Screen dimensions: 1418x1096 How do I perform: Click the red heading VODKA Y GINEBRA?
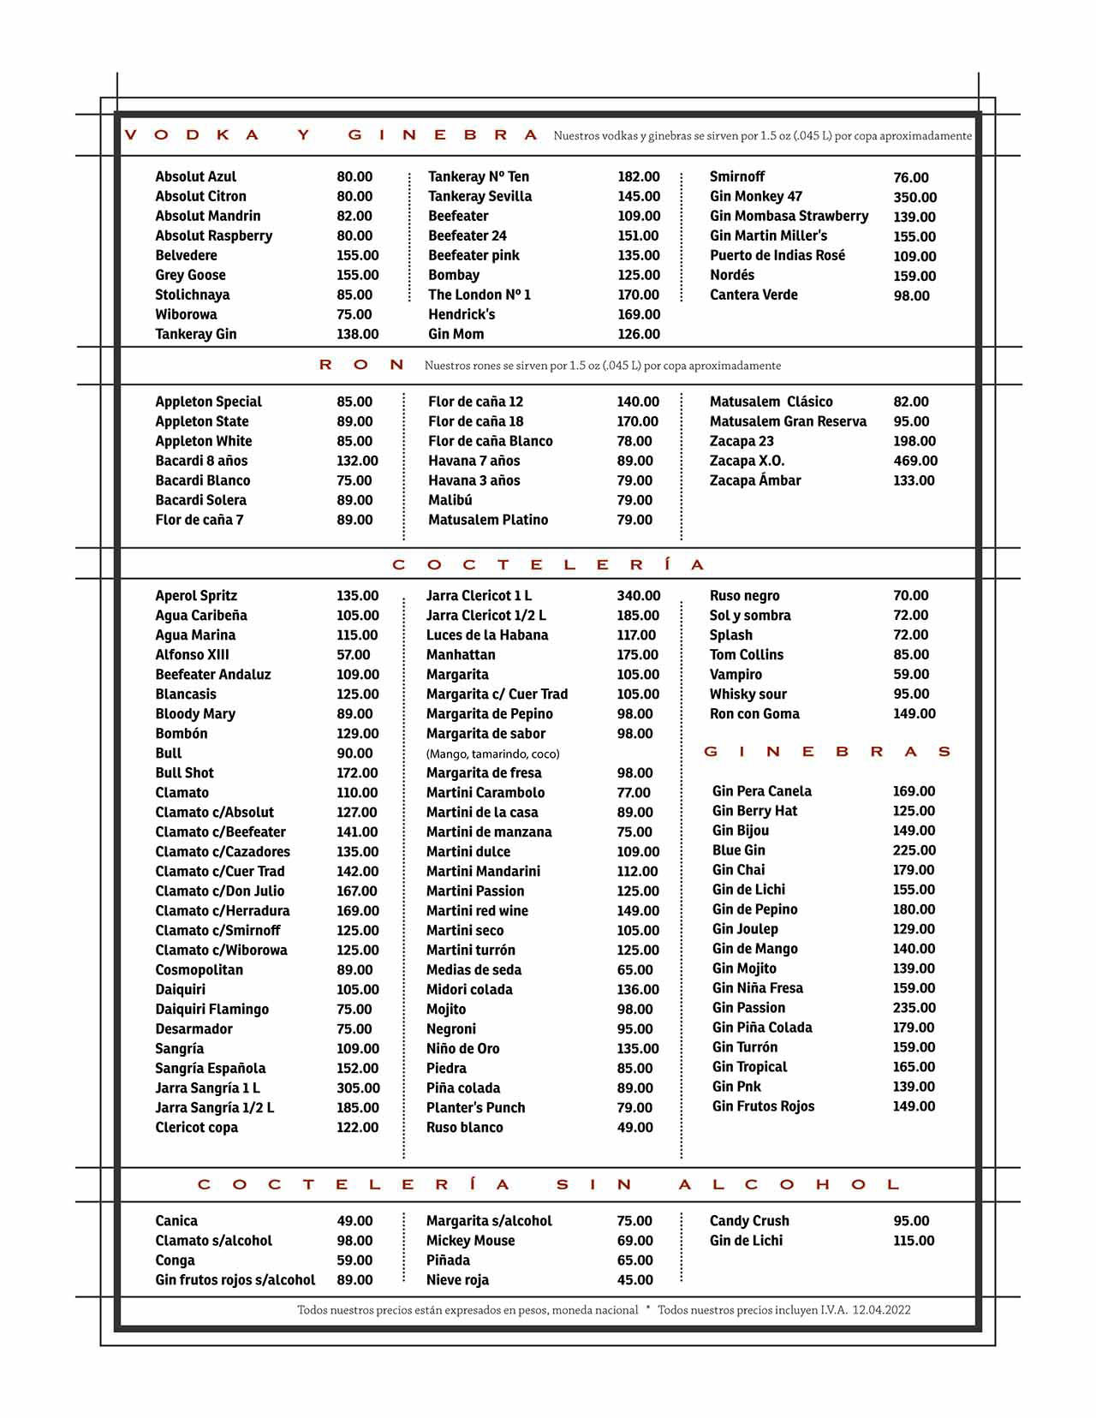(331, 135)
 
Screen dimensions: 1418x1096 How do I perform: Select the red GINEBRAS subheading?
(827, 752)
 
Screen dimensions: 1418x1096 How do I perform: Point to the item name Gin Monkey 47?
(755, 196)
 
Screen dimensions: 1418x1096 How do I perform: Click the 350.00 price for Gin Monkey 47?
(914, 197)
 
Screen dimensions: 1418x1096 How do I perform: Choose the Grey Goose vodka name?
(190, 275)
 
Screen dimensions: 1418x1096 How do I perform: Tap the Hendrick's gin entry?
(462, 314)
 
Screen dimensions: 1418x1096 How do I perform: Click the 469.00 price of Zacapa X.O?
(915, 461)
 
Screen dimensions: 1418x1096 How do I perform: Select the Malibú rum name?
(450, 500)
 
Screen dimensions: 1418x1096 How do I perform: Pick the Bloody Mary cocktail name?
(195, 714)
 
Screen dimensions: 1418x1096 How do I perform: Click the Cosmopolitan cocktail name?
(199, 970)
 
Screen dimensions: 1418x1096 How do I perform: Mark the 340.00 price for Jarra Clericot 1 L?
(638, 596)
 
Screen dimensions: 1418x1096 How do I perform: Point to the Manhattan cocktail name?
(461, 655)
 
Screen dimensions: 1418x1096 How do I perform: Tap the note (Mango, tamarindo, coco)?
(492, 754)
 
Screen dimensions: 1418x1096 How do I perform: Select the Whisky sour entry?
(748, 694)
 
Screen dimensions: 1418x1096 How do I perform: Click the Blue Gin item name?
(738, 850)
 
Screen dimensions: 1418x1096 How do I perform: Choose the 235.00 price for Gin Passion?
(914, 1008)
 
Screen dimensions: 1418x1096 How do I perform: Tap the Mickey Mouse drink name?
(470, 1241)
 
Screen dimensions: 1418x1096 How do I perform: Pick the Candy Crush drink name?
(749, 1221)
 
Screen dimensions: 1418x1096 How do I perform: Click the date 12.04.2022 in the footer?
(881, 1310)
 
